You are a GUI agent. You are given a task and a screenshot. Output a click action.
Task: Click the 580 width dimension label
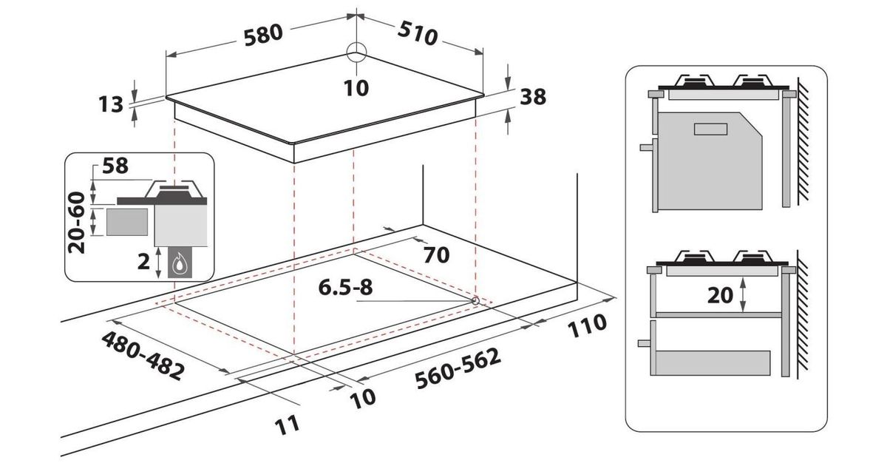263,35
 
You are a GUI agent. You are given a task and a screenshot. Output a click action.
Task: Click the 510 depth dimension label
418,33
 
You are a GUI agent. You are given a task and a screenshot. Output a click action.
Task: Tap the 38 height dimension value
533,97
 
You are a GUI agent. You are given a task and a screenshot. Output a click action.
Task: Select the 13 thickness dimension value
111,105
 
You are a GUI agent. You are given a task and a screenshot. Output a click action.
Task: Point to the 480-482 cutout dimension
143,356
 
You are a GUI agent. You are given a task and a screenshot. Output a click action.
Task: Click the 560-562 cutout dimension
458,368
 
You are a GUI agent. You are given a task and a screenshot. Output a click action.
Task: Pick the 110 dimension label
587,325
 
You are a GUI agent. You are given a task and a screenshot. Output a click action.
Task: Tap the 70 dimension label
436,255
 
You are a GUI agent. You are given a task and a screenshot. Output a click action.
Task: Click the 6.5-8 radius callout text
345,287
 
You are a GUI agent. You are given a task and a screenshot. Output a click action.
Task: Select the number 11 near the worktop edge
288,425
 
